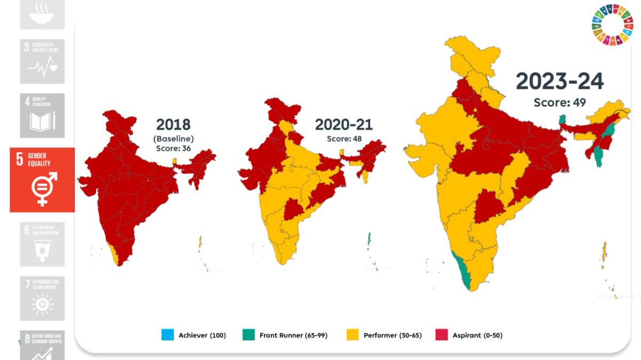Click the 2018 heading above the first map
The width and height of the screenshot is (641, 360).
click(173, 125)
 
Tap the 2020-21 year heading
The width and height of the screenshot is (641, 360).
click(343, 125)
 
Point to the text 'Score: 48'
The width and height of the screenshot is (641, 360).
click(344, 138)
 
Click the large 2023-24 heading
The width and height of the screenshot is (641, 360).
click(559, 82)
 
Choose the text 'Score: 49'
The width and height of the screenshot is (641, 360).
click(559, 102)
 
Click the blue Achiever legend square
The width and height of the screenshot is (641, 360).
click(168, 335)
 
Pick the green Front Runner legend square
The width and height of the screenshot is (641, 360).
click(248, 335)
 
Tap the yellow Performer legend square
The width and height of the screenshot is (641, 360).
click(352, 335)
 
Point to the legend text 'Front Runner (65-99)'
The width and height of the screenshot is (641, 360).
click(293, 335)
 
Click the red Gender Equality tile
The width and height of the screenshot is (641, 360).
click(42, 179)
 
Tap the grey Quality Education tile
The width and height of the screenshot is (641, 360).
click(42, 115)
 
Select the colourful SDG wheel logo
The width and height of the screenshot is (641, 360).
click(611, 25)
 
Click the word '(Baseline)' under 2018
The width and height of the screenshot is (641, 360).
click(173, 138)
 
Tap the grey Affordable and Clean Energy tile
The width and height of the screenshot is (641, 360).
click(42, 298)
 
